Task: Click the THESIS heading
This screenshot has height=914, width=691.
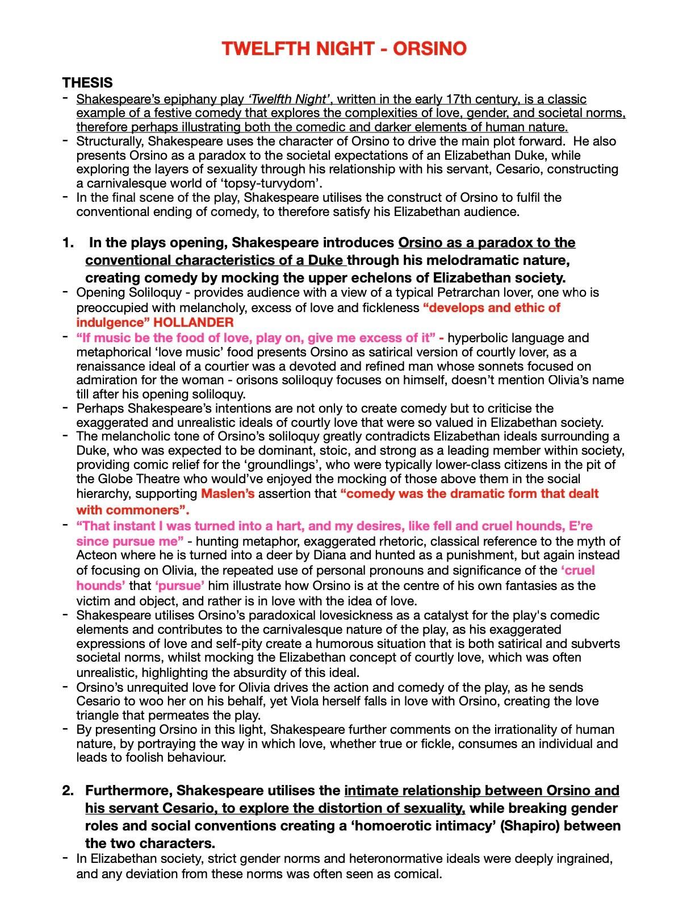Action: pyautogui.click(x=87, y=83)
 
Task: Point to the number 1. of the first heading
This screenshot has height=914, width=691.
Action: pyautogui.click(x=68, y=243)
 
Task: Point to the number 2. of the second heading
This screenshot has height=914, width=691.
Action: pyautogui.click(x=68, y=791)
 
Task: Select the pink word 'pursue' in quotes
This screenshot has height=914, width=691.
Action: pyautogui.click(x=179, y=586)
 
